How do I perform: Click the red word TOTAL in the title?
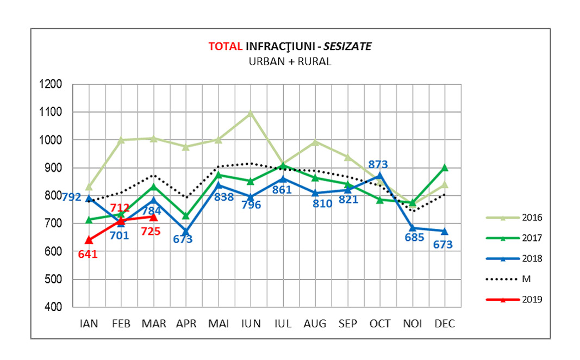226,47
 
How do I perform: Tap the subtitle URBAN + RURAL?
290,61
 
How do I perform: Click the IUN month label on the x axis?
251,324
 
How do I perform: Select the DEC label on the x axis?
445,324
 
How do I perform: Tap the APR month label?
186,324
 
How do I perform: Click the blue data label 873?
379,164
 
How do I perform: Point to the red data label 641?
88,253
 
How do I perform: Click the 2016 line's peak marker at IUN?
251,113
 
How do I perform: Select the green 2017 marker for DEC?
445,167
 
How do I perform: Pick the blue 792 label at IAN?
72,197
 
